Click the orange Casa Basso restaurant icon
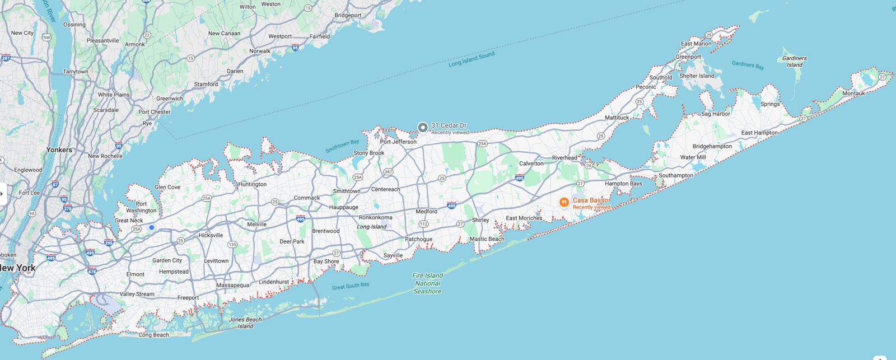pos(564,202)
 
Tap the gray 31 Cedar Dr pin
pos(423,127)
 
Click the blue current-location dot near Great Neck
pos(152,227)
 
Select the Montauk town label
pos(853,93)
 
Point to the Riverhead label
pos(564,158)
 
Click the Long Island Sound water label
pos(472,60)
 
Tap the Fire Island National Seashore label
pos(427,283)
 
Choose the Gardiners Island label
pos(794,62)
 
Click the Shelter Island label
pos(697,76)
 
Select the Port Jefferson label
pos(398,142)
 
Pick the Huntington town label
pos(252,184)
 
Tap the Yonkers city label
pos(59,150)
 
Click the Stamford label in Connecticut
pos(206,85)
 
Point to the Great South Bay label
pos(351,286)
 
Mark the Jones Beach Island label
pos(245,323)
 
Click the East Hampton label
pos(759,133)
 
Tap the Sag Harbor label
pos(716,114)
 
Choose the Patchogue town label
pos(418,239)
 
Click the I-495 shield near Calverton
pos(519,177)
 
